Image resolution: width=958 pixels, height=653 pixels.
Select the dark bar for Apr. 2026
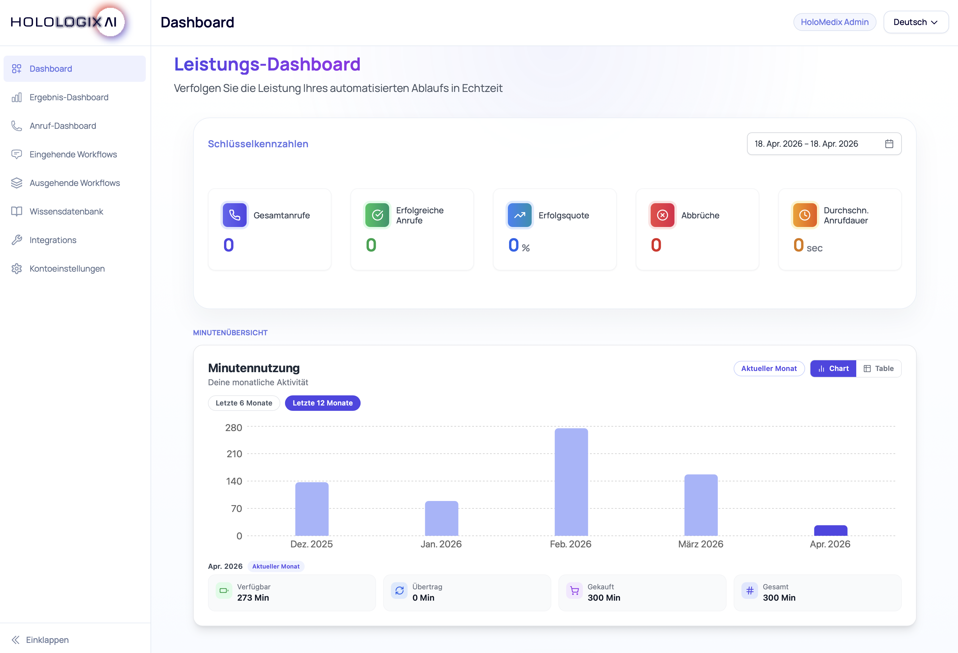click(830, 530)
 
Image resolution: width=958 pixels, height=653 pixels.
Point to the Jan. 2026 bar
click(441, 518)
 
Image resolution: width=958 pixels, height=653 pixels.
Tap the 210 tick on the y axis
click(234, 454)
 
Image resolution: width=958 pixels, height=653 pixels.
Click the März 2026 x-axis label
click(700, 544)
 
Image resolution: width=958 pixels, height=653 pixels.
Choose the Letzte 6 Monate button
click(244, 403)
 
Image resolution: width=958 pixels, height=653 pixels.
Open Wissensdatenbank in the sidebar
click(66, 212)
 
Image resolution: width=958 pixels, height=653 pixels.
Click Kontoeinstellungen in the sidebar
click(67, 269)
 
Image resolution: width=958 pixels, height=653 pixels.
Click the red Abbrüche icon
click(662, 215)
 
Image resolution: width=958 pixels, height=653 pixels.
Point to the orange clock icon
click(804, 215)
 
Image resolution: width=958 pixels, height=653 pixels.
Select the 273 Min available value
click(253, 598)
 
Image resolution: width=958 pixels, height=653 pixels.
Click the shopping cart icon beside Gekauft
click(574, 591)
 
